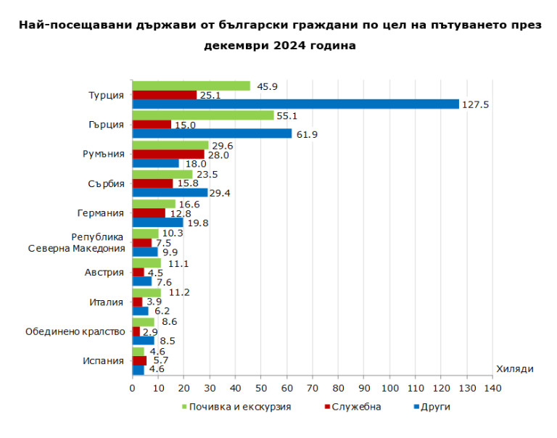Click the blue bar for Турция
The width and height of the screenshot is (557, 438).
[295, 104]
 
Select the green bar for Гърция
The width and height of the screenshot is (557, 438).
[203, 115]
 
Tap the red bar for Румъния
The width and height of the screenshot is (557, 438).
[168, 154]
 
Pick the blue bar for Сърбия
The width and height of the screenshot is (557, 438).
[170, 193]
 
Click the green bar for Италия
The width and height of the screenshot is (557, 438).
[147, 293]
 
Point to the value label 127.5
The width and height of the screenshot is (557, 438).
[476, 104]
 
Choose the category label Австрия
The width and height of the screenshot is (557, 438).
[104, 272]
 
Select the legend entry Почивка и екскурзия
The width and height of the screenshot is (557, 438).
[239, 407]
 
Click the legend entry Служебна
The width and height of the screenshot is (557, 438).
[356, 407]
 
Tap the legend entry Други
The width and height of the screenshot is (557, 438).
[435, 407]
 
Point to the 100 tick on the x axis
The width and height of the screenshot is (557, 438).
[390, 389]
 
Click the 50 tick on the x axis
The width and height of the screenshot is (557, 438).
[261, 389]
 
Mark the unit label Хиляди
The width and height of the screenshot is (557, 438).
[515, 369]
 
